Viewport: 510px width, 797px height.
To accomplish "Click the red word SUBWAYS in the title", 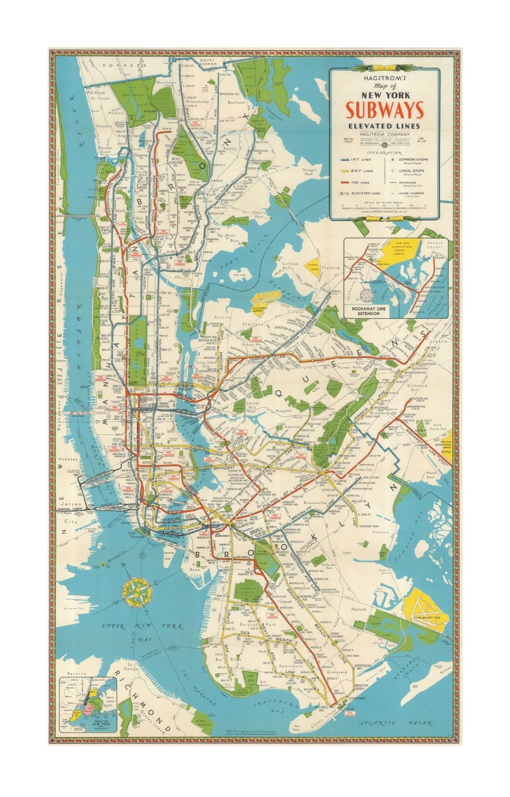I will click(x=385, y=110).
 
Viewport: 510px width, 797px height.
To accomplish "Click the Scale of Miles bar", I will click(x=385, y=206).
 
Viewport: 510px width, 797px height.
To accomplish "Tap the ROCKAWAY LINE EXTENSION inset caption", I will click(x=368, y=311).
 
